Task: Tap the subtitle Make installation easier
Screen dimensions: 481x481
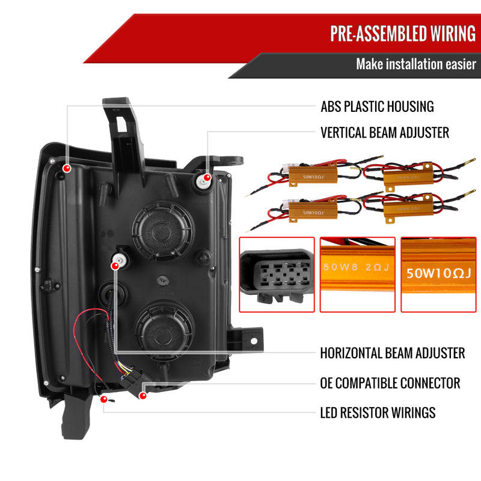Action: (415, 64)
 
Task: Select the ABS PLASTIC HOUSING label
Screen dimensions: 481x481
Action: (377, 106)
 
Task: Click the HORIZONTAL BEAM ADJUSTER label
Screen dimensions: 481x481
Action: (393, 353)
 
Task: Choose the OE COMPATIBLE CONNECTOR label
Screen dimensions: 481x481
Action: (390, 383)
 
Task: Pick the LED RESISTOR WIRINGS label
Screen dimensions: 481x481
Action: (378, 412)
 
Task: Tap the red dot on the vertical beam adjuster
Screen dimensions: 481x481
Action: (207, 177)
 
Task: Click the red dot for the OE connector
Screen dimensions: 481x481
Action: (142, 395)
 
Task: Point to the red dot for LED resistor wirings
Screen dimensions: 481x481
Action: (104, 399)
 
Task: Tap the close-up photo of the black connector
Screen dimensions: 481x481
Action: (276, 274)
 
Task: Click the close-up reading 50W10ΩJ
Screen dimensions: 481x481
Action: (438, 274)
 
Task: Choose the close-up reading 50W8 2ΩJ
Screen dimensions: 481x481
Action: (357, 274)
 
